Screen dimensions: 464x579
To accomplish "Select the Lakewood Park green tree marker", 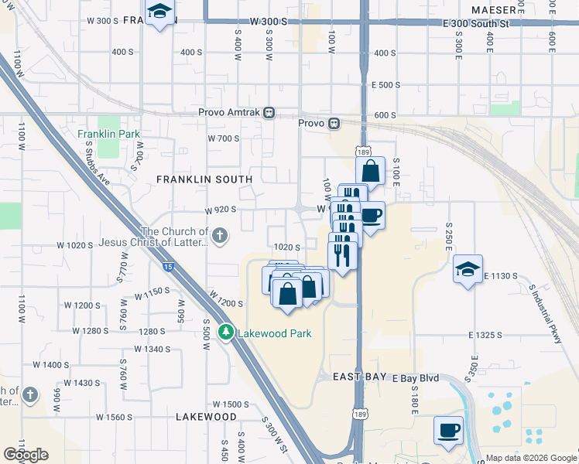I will pyautogui.click(x=226, y=333).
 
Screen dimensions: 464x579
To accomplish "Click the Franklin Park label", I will pyautogui.click(x=109, y=134).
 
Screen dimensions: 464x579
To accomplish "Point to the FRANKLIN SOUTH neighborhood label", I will pyautogui.click(x=204, y=179).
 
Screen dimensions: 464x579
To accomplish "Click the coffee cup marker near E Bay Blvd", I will pyautogui.click(x=449, y=430).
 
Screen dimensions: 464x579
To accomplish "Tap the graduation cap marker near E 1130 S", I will pyautogui.click(x=468, y=269).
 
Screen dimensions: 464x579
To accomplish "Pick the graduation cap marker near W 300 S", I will pyautogui.click(x=160, y=12).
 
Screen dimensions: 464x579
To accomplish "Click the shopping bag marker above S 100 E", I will pyautogui.click(x=371, y=171).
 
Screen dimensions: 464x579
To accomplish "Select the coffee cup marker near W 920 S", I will pyautogui.click(x=371, y=215).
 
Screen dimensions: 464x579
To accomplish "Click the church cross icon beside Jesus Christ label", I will pyautogui.click(x=220, y=234).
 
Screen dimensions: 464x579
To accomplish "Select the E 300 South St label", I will pyautogui.click(x=476, y=24).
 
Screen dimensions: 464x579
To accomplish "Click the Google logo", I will pyautogui.click(x=26, y=454).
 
